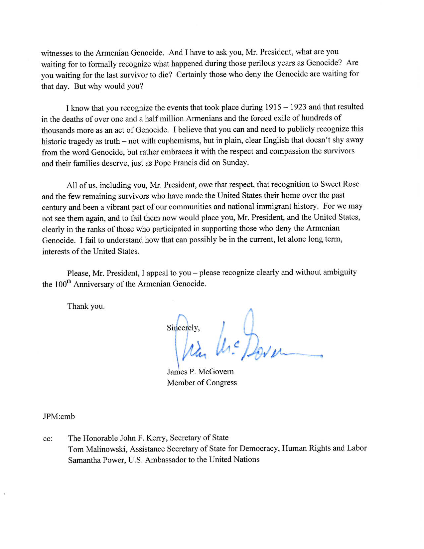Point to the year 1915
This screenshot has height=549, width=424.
point(273,107)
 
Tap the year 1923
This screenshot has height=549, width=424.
point(298,107)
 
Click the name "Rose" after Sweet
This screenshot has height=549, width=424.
point(351,184)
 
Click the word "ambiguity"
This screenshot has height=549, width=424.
point(340,272)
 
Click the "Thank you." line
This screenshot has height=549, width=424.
point(86,306)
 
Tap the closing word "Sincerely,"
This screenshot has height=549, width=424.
point(183,328)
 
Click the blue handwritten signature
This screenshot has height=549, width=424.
point(246,346)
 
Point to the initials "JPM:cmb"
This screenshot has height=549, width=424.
point(59,417)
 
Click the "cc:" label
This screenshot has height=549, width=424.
point(48,439)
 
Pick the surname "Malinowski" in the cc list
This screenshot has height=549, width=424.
point(106,449)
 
